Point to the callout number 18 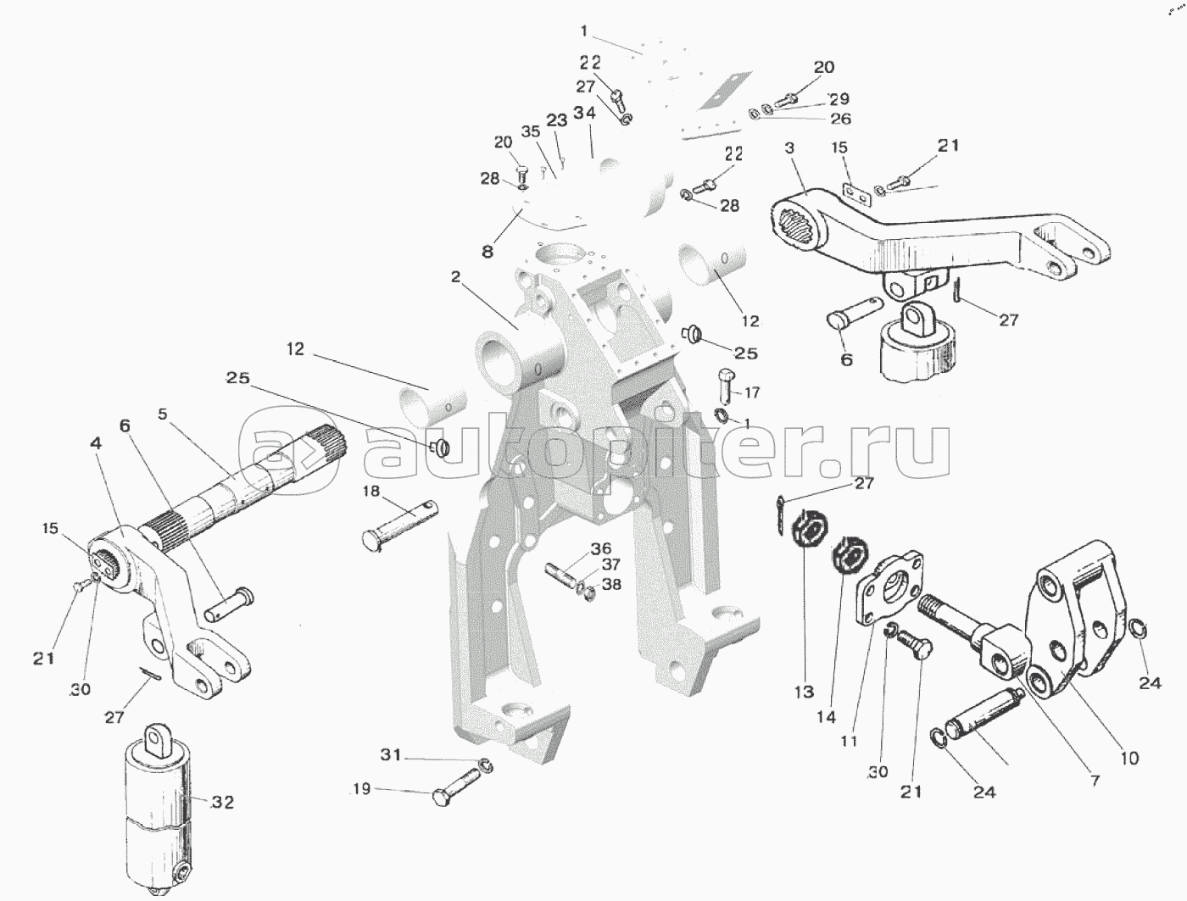coord(371,492)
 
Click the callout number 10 coord(1129,759)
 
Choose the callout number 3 coord(790,147)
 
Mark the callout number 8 coord(488,252)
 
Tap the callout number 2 coord(455,276)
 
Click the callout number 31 coord(391,754)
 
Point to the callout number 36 coord(601,548)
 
